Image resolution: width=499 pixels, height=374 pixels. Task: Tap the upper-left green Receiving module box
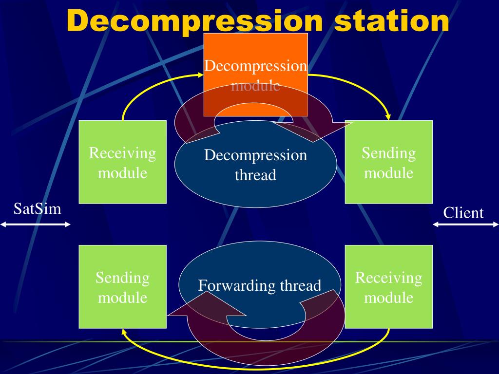tap(122, 162)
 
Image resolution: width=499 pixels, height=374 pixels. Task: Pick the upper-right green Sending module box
tap(388, 162)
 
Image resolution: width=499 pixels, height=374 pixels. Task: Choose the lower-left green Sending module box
tap(122, 286)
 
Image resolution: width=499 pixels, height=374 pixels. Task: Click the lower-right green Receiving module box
tap(388, 286)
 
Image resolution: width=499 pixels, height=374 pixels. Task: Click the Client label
tap(463, 213)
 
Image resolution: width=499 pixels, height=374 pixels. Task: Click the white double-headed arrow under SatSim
tap(36, 224)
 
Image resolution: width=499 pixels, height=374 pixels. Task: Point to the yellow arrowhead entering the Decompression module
tap(201, 75)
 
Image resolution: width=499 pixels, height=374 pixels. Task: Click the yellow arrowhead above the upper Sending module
tap(388, 116)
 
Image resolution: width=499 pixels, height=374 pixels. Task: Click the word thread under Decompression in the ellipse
tap(255, 175)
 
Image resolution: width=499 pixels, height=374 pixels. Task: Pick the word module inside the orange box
tap(255, 86)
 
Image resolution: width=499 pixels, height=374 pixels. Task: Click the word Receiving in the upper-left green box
tap(122, 153)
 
